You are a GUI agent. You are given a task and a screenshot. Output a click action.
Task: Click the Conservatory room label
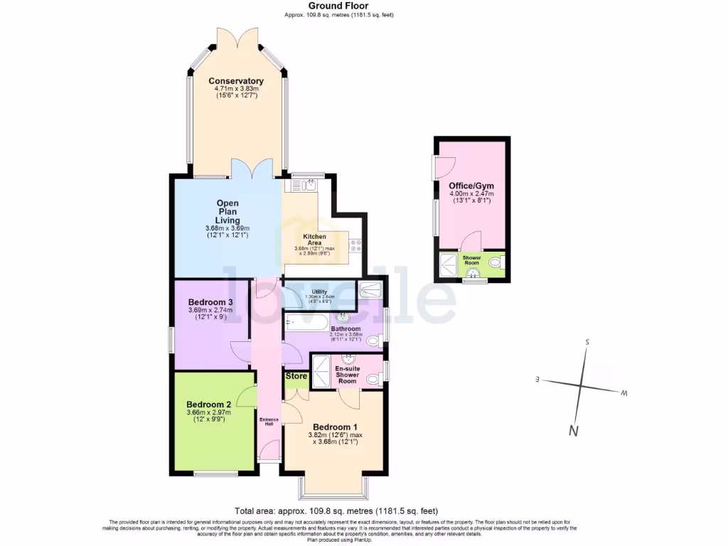click(x=235, y=81)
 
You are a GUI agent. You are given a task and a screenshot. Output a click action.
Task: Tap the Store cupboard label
click(x=296, y=376)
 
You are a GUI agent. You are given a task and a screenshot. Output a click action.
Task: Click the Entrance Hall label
click(x=269, y=422)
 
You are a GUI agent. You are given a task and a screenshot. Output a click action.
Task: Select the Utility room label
click(x=319, y=291)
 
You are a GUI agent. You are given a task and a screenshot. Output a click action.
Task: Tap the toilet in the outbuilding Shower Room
click(x=496, y=262)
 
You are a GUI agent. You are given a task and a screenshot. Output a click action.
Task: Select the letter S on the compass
click(x=588, y=342)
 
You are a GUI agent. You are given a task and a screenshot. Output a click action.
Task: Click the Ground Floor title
click(x=328, y=6)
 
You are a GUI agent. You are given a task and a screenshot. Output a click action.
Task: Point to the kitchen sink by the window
click(x=309, y=185)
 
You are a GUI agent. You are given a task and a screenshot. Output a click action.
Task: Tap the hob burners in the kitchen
click(x=355, y=245)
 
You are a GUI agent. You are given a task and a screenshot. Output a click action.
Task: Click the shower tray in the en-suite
click(x=323, y=370)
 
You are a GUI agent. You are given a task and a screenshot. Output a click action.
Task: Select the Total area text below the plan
click(x=336, y=511)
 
